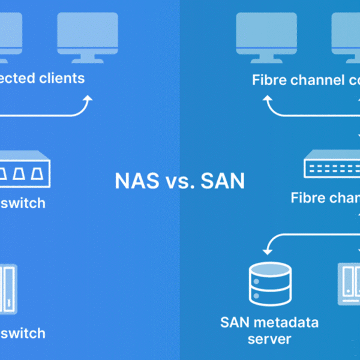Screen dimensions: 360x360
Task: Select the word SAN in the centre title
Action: point(221,181)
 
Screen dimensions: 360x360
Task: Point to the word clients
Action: point(60,78)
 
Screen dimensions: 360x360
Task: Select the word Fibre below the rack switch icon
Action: point(308,198)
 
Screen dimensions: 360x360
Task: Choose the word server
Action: point(270,339)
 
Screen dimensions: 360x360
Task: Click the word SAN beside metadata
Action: point(236,322)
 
